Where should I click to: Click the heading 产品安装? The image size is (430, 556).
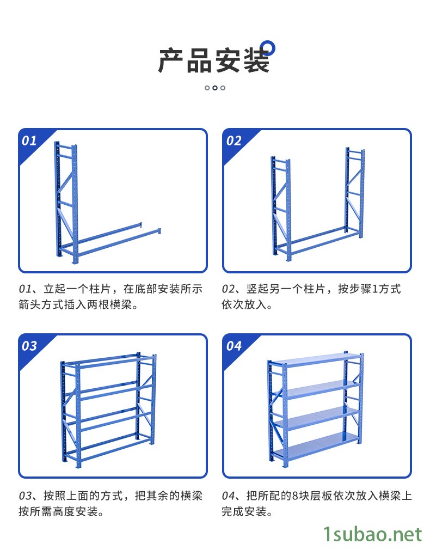coord(214,60)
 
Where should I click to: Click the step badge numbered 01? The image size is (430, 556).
coord(29,140)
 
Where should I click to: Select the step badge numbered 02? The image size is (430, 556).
coord(234,140)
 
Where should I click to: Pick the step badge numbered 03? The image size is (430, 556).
coord(29,346)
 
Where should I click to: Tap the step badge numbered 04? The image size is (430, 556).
coord(234,346)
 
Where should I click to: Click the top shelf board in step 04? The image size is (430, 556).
coord(316,359)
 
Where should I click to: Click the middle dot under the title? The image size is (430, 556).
coord(215,88)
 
